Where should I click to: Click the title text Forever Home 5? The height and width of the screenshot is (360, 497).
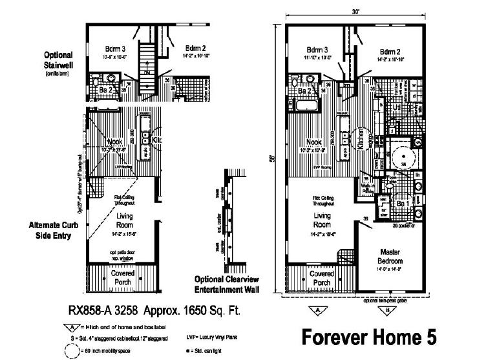pyautogui.click(x=369, y=337)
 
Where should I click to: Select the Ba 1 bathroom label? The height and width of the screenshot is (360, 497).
pyautogui.click(x=401, y=204)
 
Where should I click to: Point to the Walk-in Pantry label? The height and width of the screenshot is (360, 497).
pyautogui.click(x=369, y=187)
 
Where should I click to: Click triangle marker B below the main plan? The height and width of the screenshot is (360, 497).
pyautogui.click(x=386, y=310)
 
